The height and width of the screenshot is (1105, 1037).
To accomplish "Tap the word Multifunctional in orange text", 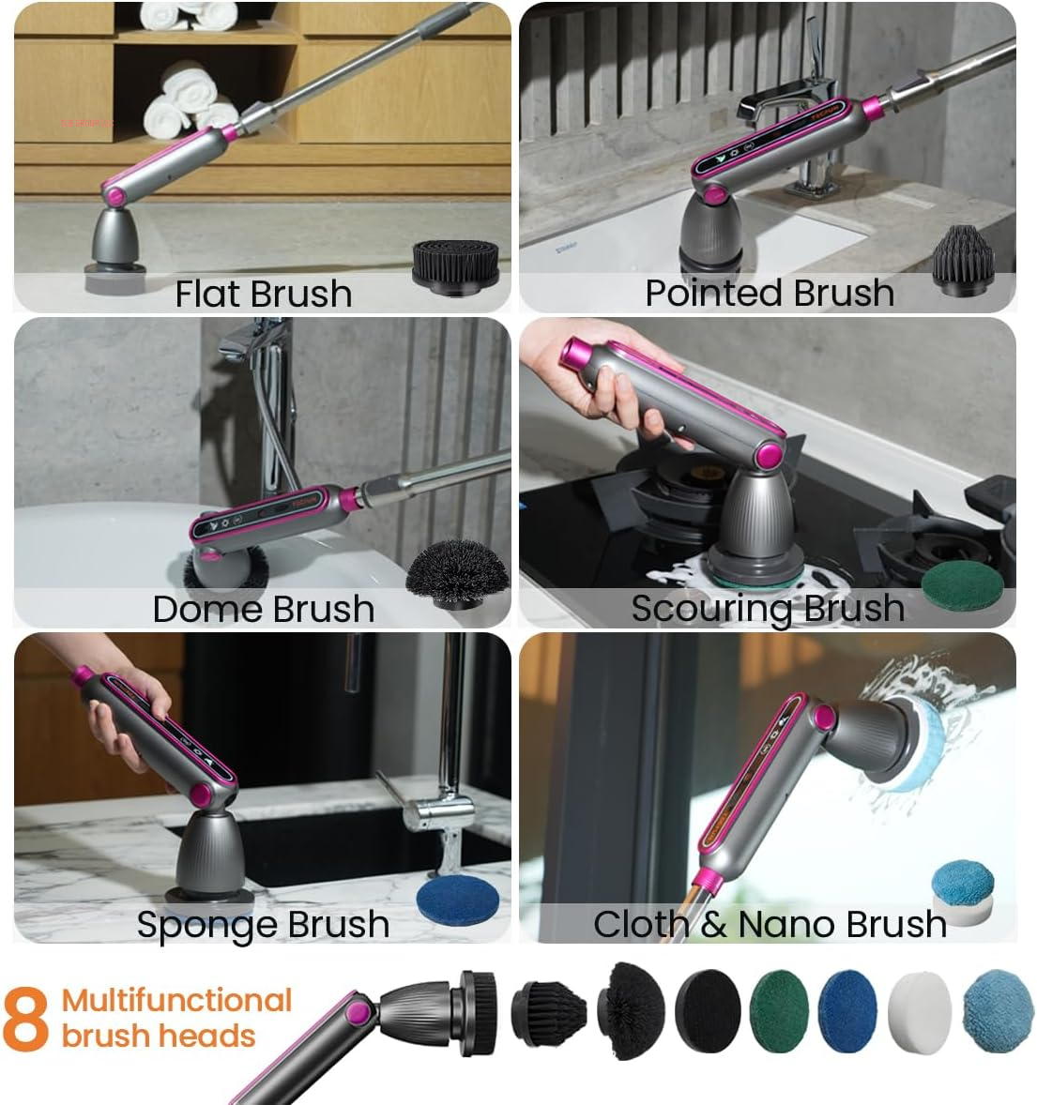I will click(177, 1001).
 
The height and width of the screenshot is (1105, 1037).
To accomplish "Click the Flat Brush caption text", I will click(264, 295).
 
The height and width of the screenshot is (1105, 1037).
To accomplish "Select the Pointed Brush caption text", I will click(770, 293).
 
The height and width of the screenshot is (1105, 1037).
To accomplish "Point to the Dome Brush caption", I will click(264, 610).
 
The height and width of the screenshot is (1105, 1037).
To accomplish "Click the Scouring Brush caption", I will click(768, 609).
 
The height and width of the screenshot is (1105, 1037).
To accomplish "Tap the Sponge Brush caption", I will click(264, 925).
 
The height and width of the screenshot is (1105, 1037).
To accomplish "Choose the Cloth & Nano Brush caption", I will click(770, 925).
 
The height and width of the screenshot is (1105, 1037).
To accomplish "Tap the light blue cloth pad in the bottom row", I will click(997, 1011).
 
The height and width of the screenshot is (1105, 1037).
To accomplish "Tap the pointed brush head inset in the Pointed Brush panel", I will click(962, 257).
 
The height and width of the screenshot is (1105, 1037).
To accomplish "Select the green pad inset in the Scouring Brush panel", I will click(962, 586).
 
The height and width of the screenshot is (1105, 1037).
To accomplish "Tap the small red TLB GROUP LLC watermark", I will click(85, 124).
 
